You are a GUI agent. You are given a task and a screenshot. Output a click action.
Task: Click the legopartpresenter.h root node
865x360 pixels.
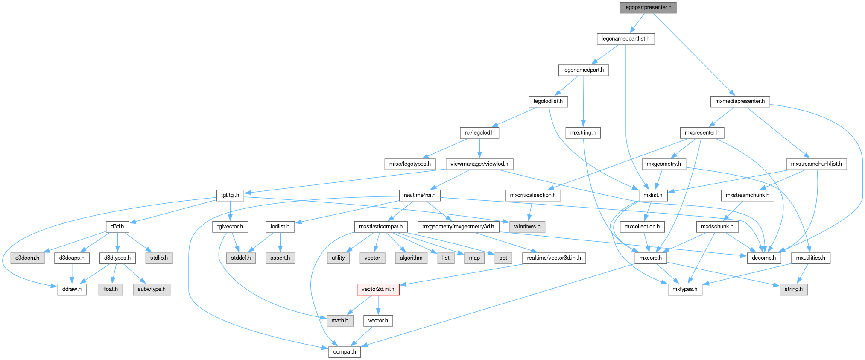[648, 8]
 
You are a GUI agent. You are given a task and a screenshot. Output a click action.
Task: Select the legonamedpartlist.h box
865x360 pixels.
[625, 39]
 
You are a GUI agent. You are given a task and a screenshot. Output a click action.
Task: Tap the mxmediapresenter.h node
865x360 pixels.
[740, 102]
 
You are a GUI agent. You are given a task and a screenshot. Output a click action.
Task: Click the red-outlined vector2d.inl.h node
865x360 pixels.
[378, 289]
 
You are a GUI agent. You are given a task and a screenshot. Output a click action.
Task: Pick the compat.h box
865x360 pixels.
[345, 352]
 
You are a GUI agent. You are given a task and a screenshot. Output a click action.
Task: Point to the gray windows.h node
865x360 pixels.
[527, 226]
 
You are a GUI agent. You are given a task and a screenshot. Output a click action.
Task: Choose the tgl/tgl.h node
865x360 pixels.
[230, 196]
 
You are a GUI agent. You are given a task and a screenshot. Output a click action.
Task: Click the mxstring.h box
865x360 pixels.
[583, 133]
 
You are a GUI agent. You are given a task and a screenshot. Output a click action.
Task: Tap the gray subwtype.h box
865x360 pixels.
[152, 289]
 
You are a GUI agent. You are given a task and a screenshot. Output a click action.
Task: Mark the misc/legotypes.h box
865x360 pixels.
[410, 164]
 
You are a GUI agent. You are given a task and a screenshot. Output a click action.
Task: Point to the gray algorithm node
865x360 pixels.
[411, 258]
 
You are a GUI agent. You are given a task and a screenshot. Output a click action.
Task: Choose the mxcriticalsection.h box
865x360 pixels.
[533, 196]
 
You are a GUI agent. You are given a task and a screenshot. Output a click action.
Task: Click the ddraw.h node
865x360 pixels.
[72, 289]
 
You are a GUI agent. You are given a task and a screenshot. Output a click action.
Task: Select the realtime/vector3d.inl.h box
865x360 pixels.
[554, 258]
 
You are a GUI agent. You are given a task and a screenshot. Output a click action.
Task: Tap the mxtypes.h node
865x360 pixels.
[684, 289]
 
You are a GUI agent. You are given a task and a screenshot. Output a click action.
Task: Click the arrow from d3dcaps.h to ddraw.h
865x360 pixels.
[72, 273]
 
